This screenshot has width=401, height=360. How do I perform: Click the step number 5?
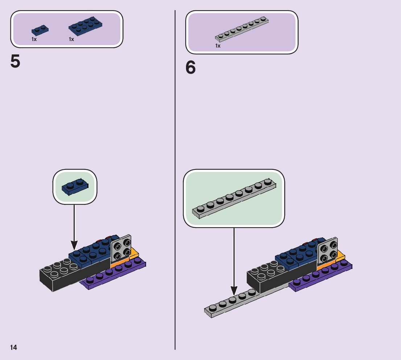tap(16, 62)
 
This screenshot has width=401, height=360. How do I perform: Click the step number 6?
tap(191, 68)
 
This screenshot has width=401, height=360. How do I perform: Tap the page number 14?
tap(13, 348)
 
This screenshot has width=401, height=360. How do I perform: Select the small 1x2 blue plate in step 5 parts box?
tap(40, 30)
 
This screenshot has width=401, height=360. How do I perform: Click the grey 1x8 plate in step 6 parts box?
tap(242, 29)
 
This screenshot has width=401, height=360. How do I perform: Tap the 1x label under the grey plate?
tap(218, 46)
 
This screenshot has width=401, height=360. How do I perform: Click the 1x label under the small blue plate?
tap(34, 39)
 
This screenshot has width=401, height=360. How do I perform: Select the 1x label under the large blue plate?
tap(71, 39)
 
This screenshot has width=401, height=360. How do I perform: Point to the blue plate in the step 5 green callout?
tap(75, 187)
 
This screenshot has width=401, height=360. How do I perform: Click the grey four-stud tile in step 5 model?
tap(121, 248)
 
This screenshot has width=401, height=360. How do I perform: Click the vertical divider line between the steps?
tap(175, 181)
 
